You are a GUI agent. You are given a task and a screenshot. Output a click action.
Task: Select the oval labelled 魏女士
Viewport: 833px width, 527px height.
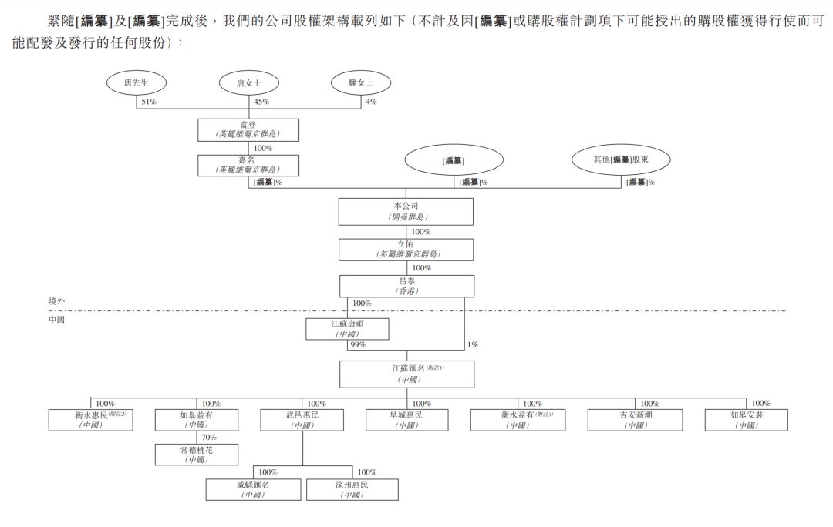click(360, 83)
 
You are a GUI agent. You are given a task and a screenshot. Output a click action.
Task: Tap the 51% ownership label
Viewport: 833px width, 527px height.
click(149, 102)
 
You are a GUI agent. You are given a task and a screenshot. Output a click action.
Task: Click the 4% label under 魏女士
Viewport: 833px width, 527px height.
click(371, 102)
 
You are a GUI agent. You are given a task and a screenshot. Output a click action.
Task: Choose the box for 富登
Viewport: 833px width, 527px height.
click(248, 129)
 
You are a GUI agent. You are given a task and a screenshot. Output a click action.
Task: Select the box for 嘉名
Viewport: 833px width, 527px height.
click(248, 165)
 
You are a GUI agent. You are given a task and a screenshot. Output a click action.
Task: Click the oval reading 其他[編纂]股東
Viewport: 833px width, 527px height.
click(621, 159)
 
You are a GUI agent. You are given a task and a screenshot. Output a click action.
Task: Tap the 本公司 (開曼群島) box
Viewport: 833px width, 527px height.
click(406, 212)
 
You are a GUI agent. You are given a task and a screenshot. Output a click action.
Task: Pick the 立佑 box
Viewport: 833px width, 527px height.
click(406, 249)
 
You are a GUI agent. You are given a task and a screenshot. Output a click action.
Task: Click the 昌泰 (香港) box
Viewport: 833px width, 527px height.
click(406, 287)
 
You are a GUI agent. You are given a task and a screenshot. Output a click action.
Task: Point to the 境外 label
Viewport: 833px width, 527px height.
click(57, 301)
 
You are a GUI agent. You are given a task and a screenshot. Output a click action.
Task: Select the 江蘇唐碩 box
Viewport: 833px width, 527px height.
click(347, 329)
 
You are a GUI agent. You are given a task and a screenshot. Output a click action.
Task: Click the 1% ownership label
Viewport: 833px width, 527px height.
click(473, 344)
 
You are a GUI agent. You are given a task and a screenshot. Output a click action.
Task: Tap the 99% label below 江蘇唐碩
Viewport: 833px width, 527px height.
click(357, 344)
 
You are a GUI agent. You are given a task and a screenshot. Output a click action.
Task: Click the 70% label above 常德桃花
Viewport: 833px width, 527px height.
click(209, 437)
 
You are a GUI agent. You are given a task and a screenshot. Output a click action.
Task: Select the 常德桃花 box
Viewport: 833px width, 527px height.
click(197, 455)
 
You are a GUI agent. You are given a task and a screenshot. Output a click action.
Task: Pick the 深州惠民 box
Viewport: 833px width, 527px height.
click(352, 490)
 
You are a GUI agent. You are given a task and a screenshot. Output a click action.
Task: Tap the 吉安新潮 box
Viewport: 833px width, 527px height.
click(635, 420)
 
